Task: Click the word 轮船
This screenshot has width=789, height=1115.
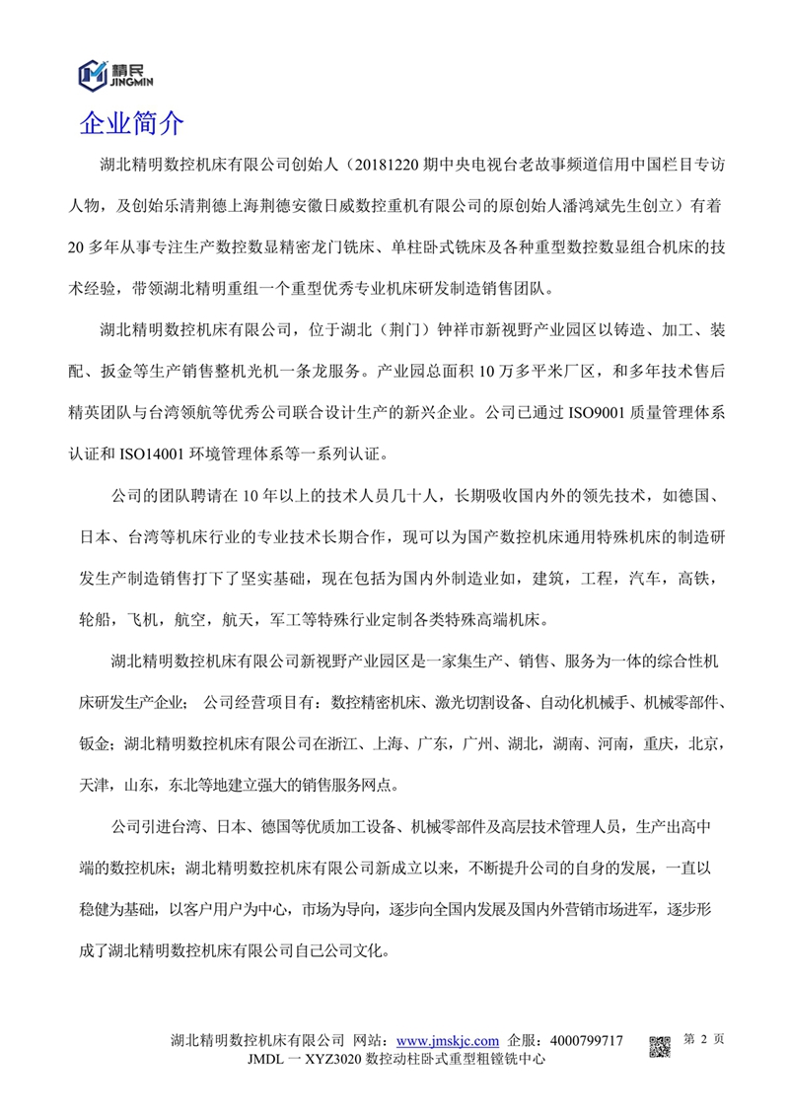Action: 96,622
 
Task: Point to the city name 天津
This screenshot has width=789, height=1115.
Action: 96,787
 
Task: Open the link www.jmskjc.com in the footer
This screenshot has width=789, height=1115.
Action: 447,1041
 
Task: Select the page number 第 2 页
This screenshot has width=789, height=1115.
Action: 704,1039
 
